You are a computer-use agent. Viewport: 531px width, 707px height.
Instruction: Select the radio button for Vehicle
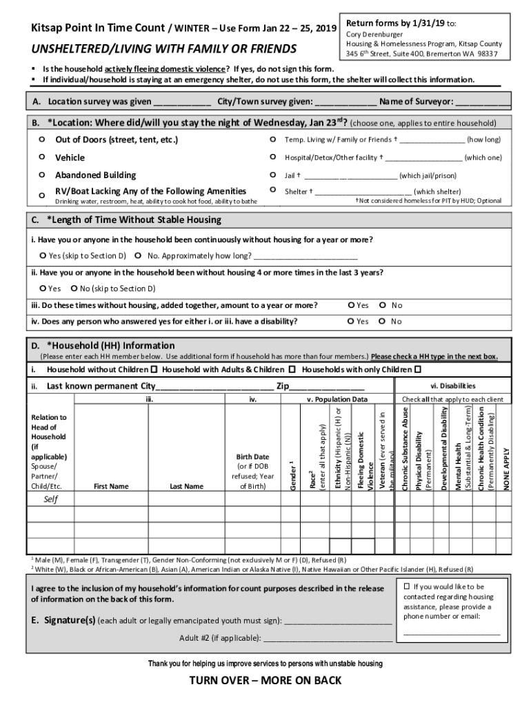click(42, 157)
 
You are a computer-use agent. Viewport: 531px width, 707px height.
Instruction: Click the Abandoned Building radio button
click(42, 175)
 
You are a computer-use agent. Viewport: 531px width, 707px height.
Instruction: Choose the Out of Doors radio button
click(42, 139)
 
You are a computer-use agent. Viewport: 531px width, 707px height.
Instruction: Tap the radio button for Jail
click(274, 175)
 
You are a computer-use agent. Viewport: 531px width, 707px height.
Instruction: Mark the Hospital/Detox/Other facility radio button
click(274, 157)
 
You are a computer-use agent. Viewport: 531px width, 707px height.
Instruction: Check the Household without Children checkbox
click(153, 369)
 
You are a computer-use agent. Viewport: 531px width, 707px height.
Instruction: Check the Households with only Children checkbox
click(417, 369)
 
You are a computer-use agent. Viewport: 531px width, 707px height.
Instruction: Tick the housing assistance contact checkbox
click(407, 586)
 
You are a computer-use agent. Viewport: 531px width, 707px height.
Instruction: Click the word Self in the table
click(50, 500)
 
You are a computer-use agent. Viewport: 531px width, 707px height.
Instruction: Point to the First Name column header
click(110, 486)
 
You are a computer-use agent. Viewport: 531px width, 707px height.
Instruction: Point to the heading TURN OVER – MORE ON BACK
click(265, 681)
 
